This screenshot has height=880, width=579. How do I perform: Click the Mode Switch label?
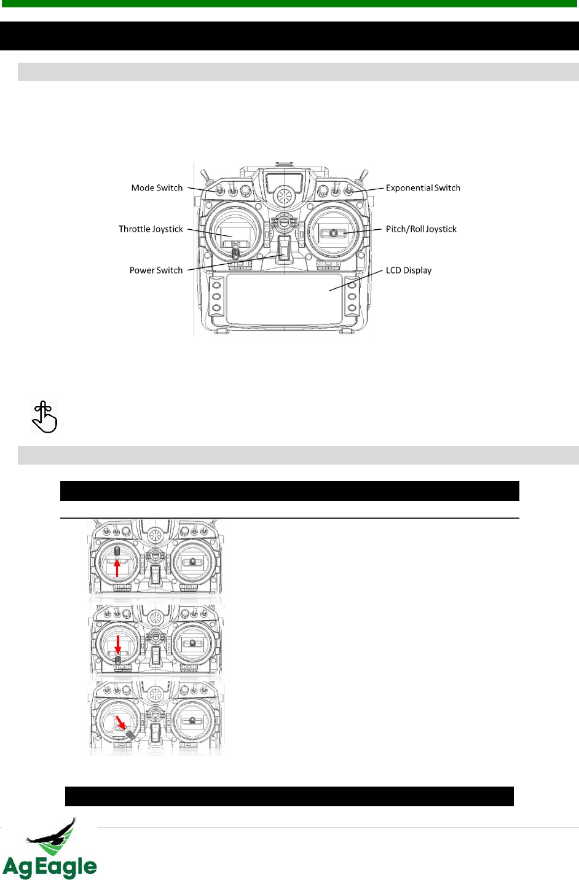[157, 188]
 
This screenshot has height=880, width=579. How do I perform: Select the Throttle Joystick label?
[151, 229]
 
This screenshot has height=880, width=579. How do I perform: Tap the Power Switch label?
[156, 270]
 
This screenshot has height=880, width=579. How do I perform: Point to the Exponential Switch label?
[423, 188]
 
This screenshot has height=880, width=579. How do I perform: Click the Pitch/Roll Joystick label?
[421, 229]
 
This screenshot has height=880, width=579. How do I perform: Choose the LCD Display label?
[409, 270]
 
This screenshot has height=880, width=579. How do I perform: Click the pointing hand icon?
[44, 417]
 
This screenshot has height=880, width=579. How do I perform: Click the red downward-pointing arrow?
[118, 645]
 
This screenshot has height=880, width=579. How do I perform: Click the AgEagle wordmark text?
[50, 867]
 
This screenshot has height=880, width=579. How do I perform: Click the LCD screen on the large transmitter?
[284, 299]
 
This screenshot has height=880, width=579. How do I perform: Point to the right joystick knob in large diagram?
[334, 233]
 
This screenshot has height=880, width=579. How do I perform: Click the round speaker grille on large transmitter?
[284, 197]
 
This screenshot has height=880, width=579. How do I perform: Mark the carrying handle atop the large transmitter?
[284, 165]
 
